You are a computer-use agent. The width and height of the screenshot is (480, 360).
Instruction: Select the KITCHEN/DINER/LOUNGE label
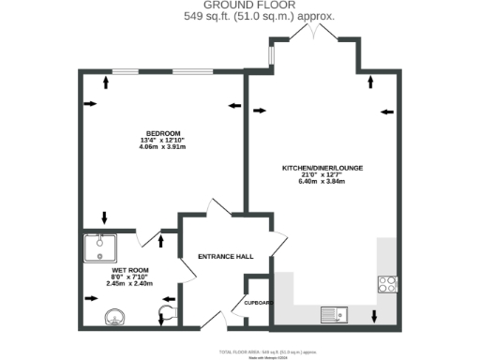click(x=322, y=168)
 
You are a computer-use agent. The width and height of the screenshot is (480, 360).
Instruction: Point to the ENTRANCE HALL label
click(x=226, y=256)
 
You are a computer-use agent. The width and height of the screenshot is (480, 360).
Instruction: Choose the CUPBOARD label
click(x=258, y=303)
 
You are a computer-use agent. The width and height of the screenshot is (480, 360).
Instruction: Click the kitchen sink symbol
click(x=334, y=315)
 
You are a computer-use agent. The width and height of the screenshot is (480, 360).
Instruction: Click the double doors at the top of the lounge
click(x=313, y=33)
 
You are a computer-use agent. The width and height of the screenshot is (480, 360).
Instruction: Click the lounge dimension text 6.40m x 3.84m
click(x=322, y=182)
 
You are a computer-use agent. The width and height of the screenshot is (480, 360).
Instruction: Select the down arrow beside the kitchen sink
click(x=375, y=317)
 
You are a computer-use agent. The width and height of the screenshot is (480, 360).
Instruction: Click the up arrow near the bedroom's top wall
click(x=105, y=82)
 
